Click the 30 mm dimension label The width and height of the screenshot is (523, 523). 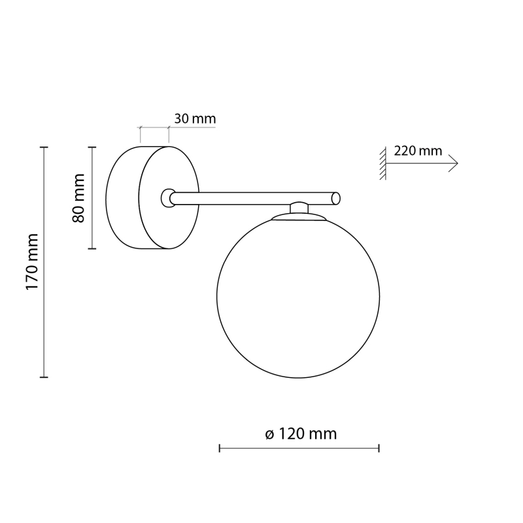click(x=195, y=119)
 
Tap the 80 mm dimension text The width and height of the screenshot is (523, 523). click(x=78, y=198)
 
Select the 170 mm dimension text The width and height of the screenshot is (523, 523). click(x=32, y=262)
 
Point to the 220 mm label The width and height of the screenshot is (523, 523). click(x=418, y=151)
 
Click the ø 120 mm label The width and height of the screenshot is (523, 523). click(x=301, y=434)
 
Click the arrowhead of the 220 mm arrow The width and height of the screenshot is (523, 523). click(x=454, y=163)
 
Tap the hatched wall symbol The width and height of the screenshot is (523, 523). click(x=383, y=163)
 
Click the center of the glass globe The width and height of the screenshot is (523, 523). click(x=298, y=296)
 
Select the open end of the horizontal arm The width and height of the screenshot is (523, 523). click(x=336, y=199)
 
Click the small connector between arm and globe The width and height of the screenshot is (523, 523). click(x=299, y=207)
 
